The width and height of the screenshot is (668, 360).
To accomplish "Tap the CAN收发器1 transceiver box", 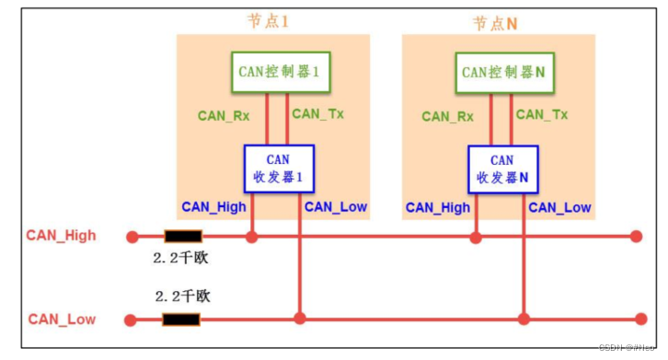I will point(278,168).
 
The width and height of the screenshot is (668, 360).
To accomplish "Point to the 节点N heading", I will point(495,23).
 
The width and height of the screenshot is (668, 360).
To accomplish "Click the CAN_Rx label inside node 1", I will point(225,116).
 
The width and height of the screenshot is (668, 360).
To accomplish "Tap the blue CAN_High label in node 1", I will point(213,207).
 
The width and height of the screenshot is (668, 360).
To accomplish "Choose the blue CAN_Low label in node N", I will point(559,207).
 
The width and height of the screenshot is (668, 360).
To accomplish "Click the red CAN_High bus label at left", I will point(62,236).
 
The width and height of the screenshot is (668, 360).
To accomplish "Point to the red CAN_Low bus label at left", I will point(62,319).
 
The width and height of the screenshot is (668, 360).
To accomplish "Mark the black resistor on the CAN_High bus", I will point(182,237).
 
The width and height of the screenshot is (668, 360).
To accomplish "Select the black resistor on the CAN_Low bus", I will point(182,319).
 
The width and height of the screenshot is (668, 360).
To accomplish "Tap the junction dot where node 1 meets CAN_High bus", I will point(252,237).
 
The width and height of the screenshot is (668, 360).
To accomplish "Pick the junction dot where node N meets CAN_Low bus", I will point(524,319).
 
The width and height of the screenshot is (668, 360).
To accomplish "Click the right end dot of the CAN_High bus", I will point(636,237).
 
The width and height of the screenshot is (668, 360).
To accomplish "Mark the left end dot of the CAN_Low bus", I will point(132,319).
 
